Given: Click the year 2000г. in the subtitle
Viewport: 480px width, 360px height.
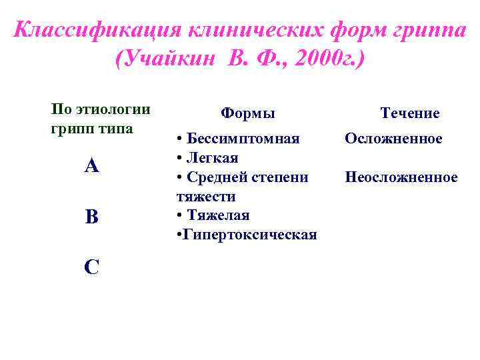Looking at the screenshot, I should click(327, 60).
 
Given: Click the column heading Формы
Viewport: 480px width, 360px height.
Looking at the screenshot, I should click(247, 114).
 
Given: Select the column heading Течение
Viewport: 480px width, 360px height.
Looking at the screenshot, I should click(410, 113).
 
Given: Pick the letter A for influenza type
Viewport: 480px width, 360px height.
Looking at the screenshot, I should click(92, 166).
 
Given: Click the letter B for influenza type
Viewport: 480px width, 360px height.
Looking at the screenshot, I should click(92, 217).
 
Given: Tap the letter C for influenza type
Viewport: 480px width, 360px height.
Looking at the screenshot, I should click(92, 267).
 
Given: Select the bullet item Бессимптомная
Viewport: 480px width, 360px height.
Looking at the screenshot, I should click(243, 139).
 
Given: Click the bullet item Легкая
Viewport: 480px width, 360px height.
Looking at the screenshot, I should click(212, 158).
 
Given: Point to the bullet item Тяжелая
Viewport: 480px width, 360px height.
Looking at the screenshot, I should click(218, 215).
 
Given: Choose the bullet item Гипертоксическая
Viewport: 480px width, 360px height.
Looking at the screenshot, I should click(248, 235).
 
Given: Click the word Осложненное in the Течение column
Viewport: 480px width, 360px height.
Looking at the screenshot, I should click(393, 139).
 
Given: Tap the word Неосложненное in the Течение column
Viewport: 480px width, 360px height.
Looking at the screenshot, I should click(401, 177).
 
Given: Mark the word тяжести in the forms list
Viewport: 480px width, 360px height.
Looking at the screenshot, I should click(206, 197).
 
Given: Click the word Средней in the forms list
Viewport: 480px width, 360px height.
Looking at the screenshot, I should click(214, 177).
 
